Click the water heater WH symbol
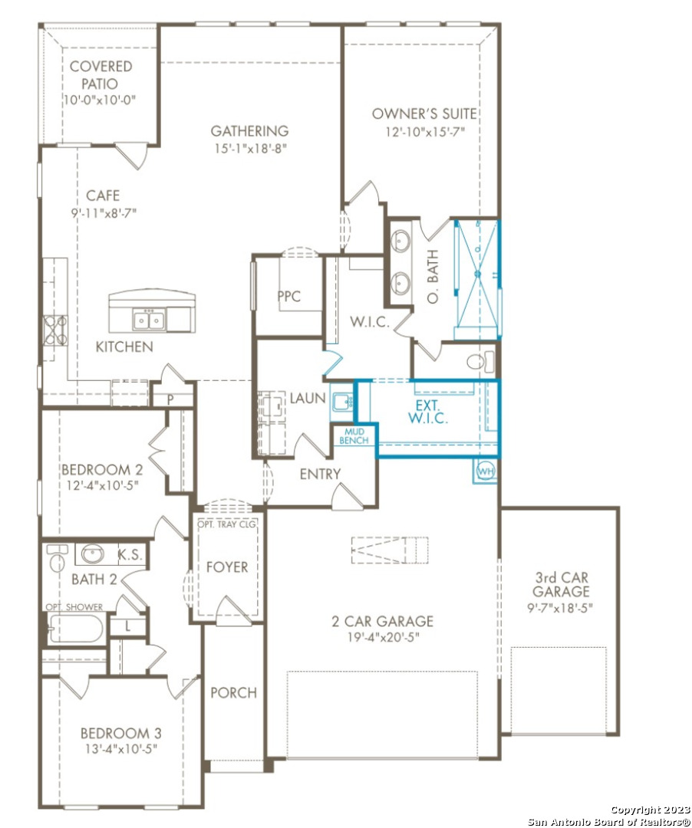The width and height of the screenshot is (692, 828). click(x=486, y=471)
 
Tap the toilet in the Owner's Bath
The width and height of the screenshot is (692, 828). click(x=480, y=362)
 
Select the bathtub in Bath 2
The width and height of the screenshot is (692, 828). click(x=75, y=629)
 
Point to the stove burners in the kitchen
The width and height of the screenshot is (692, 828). click(x=55, y=330)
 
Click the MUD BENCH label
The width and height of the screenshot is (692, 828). click(x=354, y=436)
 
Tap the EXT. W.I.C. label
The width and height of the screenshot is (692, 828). click(x=427, y=412)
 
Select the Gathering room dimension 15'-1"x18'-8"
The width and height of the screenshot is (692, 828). click(x=250, y=149)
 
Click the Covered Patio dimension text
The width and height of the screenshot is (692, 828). click(x=100, y=100)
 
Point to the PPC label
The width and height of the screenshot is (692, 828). click(x=289, y=296)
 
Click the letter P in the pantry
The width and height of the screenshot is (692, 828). click(x=170, y=399)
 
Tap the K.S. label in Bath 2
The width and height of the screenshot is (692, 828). click(x=130, y=554)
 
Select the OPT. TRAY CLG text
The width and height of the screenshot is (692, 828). click(x=226, y=524)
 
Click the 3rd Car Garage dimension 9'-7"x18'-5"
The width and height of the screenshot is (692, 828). click(x=560, y=607)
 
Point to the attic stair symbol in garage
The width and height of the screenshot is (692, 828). click(x=390, y=550)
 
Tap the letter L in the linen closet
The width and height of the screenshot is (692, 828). click(x=128, y=627)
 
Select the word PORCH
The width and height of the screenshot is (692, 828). click(x=233, y=692)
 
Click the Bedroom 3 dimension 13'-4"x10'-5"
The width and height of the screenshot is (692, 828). click(x=121, y=749)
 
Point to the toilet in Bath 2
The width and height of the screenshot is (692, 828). click(x=57, y=557)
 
